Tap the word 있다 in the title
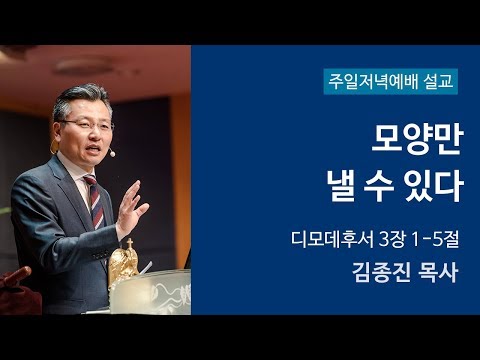point(433,187)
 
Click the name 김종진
point(376,273)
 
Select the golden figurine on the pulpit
point(122,266)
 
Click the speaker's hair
point(80,98)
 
